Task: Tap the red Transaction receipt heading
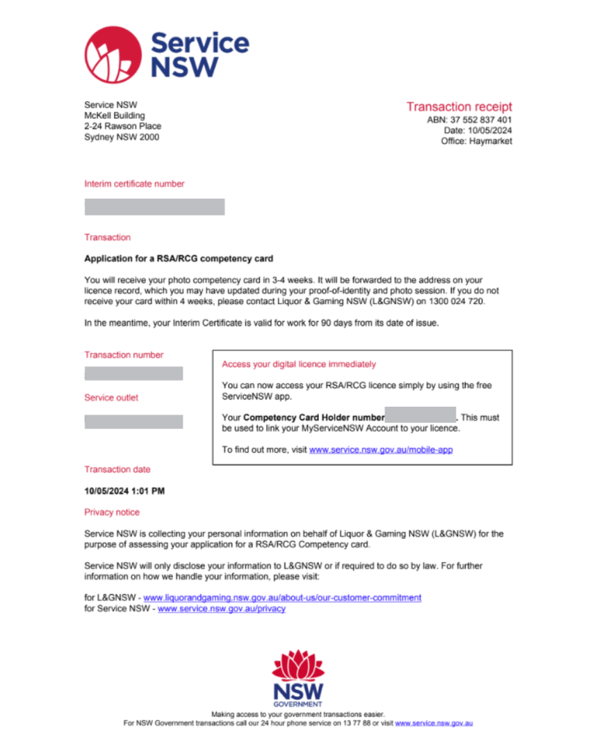(459, 107)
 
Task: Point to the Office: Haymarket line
(476, 141)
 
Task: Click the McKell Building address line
(115, 115)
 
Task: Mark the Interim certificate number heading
(134, 184)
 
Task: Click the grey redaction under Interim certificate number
(154, 207)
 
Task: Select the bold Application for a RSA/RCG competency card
(179, 258)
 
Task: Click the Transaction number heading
(124, 355)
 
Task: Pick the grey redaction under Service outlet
(134, 421)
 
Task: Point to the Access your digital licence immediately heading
(299, 364)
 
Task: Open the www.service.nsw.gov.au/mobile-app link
(381, 450)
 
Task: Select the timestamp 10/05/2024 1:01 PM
(124, 491)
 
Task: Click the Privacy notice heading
(112, 512)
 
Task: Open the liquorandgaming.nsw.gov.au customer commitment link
(282, 597)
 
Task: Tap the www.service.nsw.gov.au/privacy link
(221, 608)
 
